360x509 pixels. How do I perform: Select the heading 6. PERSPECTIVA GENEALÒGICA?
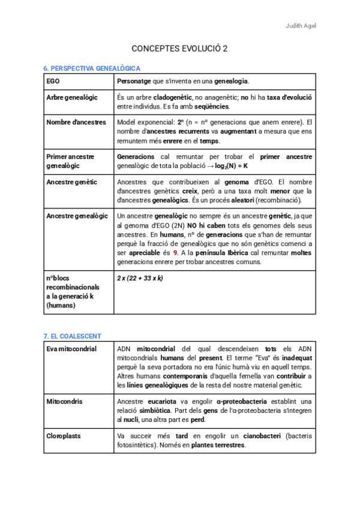(x=92, y=68)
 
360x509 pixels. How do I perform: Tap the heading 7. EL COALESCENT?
(x=72, y=336)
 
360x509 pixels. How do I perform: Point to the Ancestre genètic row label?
(x=71, y=182)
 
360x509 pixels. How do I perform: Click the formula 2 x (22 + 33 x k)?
(x=141, y=279)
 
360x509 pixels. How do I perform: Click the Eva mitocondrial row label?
(x=71, y=349)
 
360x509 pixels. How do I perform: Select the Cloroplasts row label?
(x=64, y=436)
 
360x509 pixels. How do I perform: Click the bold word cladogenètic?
(x=174, y=97)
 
